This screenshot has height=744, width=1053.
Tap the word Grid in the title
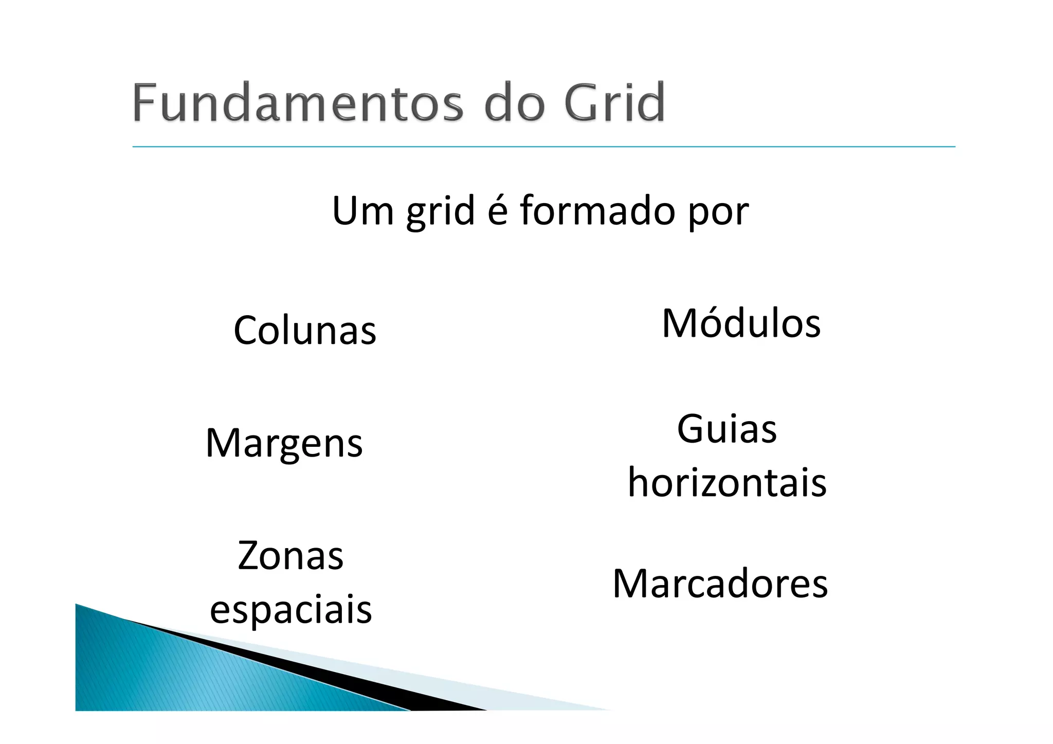click(614, 102)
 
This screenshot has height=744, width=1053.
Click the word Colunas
click(305, 330)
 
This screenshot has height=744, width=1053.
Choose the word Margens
click(284, 443)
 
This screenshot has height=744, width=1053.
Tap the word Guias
click(727, 429)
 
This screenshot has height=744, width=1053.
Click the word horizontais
click(727, 483)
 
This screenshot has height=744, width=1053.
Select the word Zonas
click(291, 556)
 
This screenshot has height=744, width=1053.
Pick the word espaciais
click(291, 610)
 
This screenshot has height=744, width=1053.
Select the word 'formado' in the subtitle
click(597, 210)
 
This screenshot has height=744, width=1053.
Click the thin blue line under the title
click(543, 147)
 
